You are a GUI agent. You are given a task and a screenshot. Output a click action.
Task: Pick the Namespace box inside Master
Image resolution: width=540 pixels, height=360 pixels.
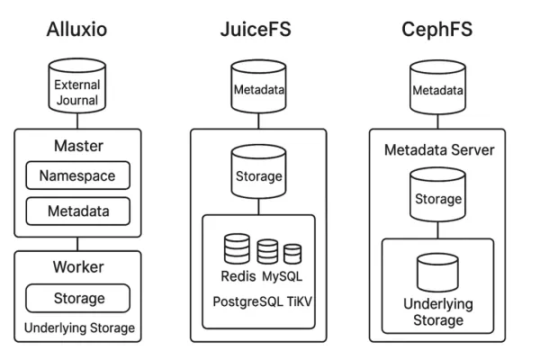[77, 176]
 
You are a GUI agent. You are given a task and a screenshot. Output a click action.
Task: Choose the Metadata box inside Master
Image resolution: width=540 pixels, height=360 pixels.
[77, 212]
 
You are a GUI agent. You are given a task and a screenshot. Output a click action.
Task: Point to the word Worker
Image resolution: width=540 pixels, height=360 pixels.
[77, 268]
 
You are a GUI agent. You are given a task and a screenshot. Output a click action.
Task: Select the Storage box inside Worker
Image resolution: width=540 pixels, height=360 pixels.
[77, 298]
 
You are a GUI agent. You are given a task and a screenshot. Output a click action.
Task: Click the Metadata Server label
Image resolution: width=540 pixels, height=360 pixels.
[439, 149]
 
